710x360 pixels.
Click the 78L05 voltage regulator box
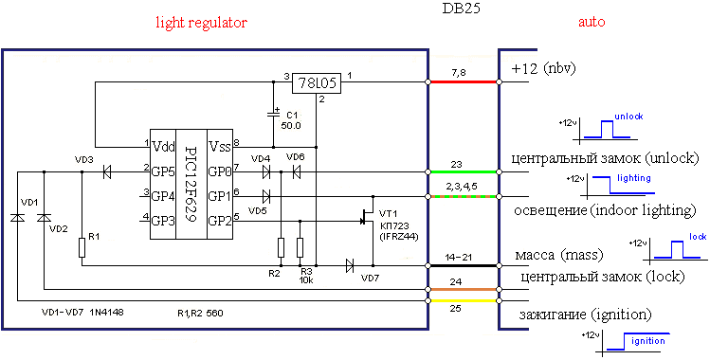(x=316, y=82)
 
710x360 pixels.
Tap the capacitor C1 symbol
(x=273, y=113)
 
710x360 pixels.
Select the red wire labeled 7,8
(x=463, y=81)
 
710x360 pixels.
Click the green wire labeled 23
(x=463, y=171)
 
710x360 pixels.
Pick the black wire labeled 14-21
(x=463, y=265)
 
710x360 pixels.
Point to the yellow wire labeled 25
(x=463, y=300)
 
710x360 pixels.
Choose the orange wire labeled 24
(x=463, y=289)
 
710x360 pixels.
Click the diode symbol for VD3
(x=107, y=171)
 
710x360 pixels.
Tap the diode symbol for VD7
(x=349, y=265)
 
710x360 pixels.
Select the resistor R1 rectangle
(x=82, y=248)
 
